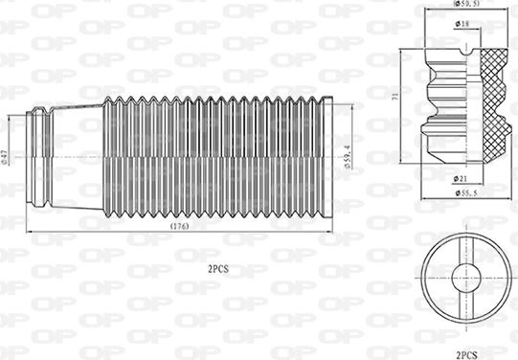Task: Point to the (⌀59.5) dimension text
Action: pos(466,5)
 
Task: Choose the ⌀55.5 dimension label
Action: pos(466,194)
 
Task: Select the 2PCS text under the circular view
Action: pos(466,353)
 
